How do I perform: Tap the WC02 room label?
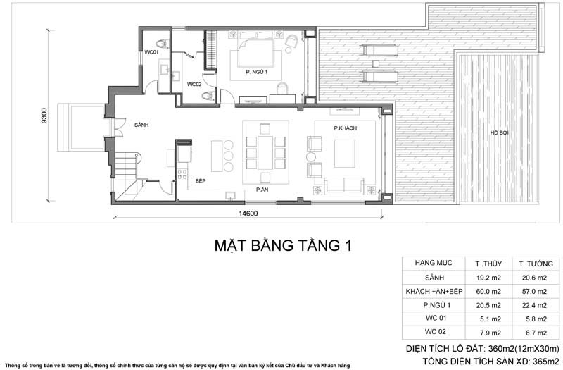(x=195, y=85)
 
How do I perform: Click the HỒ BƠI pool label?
(x=500, y=133)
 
